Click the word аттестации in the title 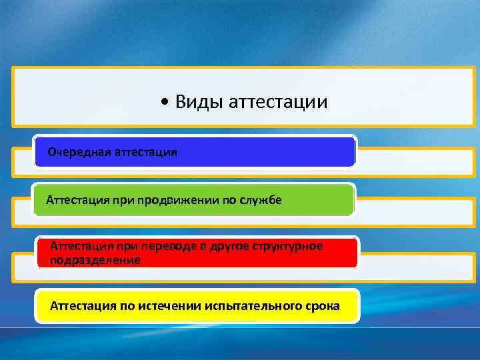[278, 102]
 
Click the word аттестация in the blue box [146, 152]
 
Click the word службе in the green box [260, 200]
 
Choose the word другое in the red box [226, 247]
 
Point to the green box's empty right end [320, 200]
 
